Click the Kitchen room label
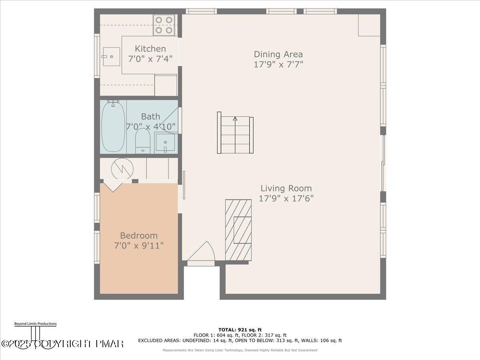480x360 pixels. point(150,49)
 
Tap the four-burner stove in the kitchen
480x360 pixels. point(164,24)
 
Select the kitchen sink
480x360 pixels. point(111,56)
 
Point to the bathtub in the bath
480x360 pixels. point(113,126)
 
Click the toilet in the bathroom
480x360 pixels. point(142,141)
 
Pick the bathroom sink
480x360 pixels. point(166,143)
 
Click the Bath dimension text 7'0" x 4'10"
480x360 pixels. point(150,127)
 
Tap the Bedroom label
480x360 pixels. point(139,236)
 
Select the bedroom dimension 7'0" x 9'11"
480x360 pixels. point(139,245)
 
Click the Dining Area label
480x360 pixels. point(278,54)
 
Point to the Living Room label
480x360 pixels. point(286,188)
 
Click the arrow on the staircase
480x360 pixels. point(235,118)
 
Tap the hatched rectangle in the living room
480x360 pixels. point(238,230)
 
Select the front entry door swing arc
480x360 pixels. point(202,251)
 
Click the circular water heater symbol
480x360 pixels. point(122,168)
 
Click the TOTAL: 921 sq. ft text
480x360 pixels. point(240,330)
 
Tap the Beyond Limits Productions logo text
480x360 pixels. point(35,324)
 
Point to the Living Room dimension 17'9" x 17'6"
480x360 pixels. point(286,198)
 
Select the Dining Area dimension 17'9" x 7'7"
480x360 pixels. point(278,64)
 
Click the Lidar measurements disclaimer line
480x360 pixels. point(240,350)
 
